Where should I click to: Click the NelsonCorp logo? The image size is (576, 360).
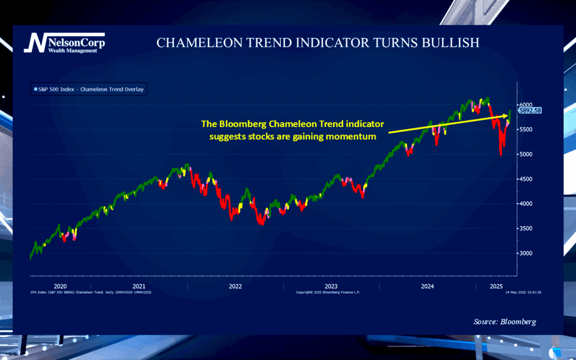tap(64, 43)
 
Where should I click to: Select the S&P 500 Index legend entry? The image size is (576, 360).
tap(89, 90)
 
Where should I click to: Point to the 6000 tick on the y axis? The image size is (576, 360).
tap(527, 105)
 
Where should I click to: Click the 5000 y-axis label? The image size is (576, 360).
tap(527, 155)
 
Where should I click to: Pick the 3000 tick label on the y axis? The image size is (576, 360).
tap(527, 253)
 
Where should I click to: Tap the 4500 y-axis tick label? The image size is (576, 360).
tap(527, 179)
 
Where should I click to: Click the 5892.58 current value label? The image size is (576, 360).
tap(530, 110)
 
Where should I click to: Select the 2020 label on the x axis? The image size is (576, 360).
tap(60, 286)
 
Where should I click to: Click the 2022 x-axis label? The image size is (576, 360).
tap(235, 286)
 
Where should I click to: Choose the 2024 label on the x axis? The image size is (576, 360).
tap(427, 286)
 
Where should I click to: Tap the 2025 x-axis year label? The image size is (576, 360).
tap(497, 286)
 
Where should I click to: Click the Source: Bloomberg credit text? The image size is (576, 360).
tap(505, 322)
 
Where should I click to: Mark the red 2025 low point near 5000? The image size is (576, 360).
tap(500, 154)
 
